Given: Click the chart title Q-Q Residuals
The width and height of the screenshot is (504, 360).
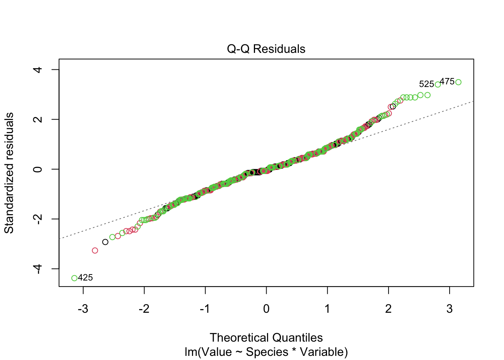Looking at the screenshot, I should [266, 49].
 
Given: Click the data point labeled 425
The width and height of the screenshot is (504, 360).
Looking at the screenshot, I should [74, 278].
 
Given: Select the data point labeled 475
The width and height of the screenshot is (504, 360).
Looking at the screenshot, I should [458, 82].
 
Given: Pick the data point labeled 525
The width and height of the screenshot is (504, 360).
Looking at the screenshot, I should [438, 84].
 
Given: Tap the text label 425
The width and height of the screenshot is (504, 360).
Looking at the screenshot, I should [85, 278].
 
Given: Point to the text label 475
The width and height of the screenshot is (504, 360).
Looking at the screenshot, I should [447, 81].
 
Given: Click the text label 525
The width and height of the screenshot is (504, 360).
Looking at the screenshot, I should [426, 84].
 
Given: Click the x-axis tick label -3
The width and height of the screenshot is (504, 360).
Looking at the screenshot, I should [83, 309].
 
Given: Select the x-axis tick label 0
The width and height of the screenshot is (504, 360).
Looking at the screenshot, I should [266, 309].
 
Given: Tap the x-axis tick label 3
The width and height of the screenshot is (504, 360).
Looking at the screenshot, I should [450, 309].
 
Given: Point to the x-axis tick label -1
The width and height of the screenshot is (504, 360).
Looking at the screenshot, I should [205, 309].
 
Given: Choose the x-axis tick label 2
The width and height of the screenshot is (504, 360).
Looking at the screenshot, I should [388, 309].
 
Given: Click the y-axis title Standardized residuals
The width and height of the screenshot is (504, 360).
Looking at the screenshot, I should [9, 172].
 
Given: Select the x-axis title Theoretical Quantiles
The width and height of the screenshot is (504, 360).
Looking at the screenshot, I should [266, 337].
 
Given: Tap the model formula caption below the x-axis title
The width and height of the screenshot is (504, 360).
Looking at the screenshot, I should [266, 352].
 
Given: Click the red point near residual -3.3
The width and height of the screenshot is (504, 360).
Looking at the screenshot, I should [95, 250].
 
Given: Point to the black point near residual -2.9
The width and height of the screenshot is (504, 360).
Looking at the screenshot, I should [105, 242].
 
